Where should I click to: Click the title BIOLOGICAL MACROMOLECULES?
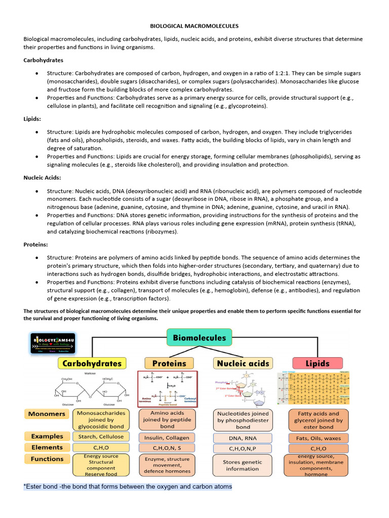pyautogui.click(x=194, y=25)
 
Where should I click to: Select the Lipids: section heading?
pyautogui.click(x=33, y=119)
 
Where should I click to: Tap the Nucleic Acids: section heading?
pyautogui.click(x=42, y=178)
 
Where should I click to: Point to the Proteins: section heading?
pyautogui.click(x=36, y=244)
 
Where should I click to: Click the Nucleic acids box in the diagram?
pyautogui.click(x=244, y=363)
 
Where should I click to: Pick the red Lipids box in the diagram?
pyautogui.click(x=318, y=363)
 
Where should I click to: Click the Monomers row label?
pyautogui.click(x=47, y=414)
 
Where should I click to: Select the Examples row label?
pyautogui.click(x=47, y=436)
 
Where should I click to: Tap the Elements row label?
pyautogui.click(x=47, y=447)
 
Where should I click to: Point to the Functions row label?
pyautogui.click(x=47, y=459)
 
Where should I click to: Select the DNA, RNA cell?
pyautogui.click(x=243, y=438)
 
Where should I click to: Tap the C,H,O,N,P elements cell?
pyautogui.click(x=243, y=449)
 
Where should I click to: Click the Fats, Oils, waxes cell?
pyautogui.click(x=318, y=438)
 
